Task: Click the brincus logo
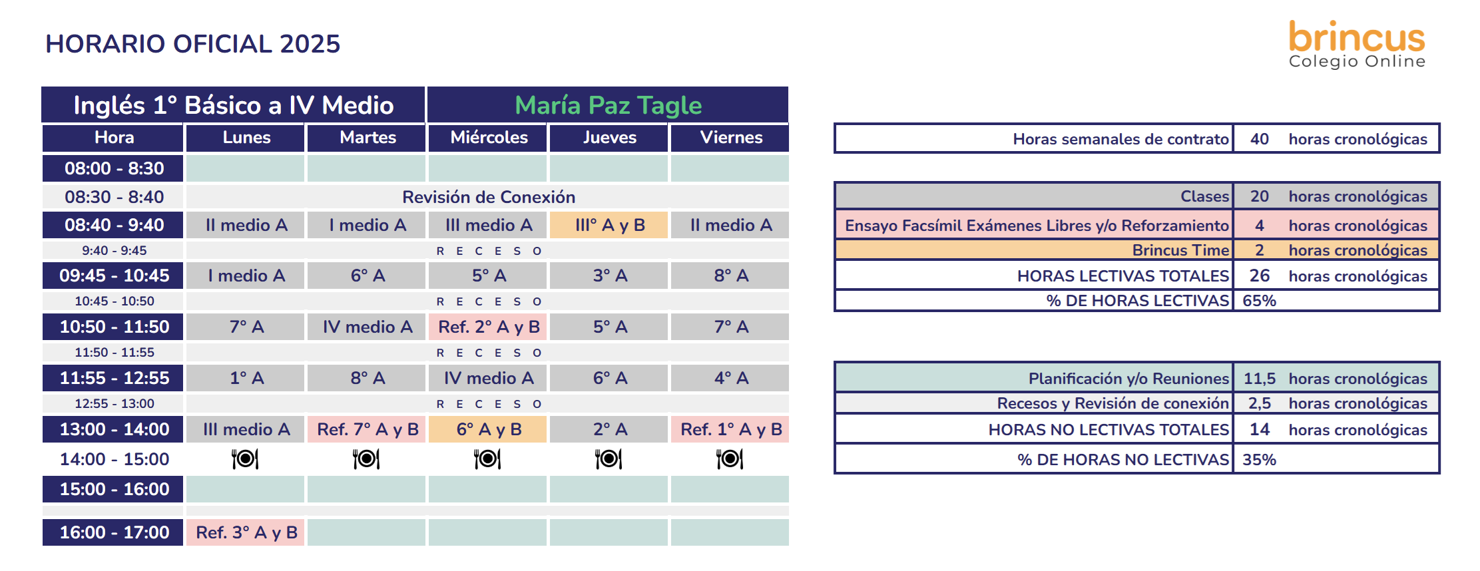[x=1357, y=44]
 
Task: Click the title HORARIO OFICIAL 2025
[x=192, y=44]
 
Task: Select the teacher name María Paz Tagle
[x=608, y=105]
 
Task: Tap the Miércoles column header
[x=488, y=138]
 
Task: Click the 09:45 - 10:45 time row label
[x=113, y=276]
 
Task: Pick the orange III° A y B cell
[x=609, y=225]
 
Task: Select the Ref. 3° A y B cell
[x=246, y=532]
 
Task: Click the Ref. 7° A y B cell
[x=367, y=429]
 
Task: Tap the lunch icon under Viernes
[x=730, y=459]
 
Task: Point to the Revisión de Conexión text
[x=489, y=197]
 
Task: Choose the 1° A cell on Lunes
[x=246, y=378]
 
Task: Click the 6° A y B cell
[x=488, y=429]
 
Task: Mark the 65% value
[x=1259, y=301]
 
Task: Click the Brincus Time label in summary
[x=1180, y=250]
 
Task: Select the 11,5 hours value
[x=1259, y=379]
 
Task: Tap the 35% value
[x=1259, y=460]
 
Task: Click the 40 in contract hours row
[x=1259, y=139]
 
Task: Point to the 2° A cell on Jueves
[x=609, y=429]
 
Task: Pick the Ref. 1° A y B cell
[x=730, y=429]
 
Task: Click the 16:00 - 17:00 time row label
[x=113, y=532]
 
